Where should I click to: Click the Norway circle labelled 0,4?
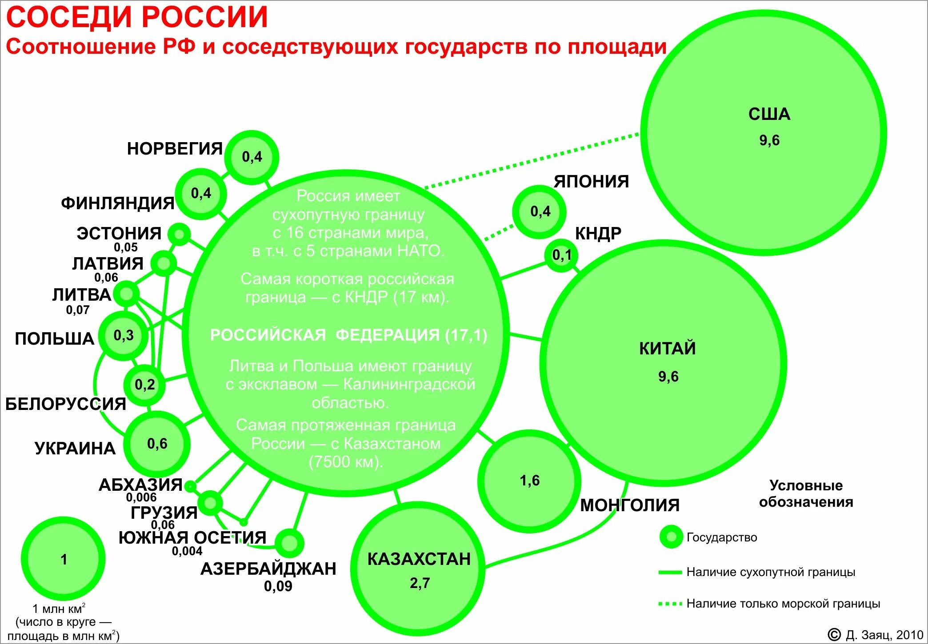pos(252,157)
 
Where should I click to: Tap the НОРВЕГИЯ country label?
pos(175,149)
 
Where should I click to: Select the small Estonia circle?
pos(179,234)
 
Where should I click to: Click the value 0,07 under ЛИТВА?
pos(78,310)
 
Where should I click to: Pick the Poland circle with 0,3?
pos(123,335)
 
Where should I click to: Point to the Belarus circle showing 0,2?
pos(145,385)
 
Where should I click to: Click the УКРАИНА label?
pos(75,449)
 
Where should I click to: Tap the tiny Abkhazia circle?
pos(190,487)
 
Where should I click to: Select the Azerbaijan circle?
pos(289,543)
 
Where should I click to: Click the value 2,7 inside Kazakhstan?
pos(420,583)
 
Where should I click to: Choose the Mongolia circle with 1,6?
pos(529,481)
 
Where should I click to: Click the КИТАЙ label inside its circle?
pos(667,349)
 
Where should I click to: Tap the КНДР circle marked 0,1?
pos(561,255)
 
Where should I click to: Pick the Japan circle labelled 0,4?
pos(540,211)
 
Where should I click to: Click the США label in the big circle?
pos(769,115)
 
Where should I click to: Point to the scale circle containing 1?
pos(64,559)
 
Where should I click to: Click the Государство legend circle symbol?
pos(671,537)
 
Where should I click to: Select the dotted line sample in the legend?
pos(670,604)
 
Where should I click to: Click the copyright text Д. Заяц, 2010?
pos(884,635)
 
